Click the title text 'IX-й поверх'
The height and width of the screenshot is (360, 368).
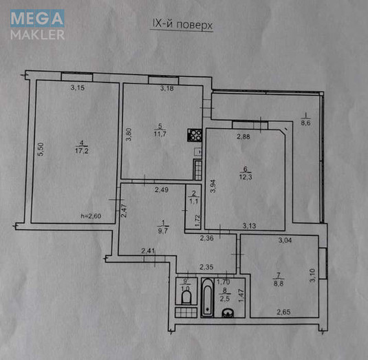[x=182, y=24]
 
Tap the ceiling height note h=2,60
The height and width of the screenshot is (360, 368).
[x=91, y=217]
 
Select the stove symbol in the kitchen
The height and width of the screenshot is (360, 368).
[x=193, y=136]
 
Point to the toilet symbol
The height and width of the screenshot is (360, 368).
[x=184, y=297]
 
